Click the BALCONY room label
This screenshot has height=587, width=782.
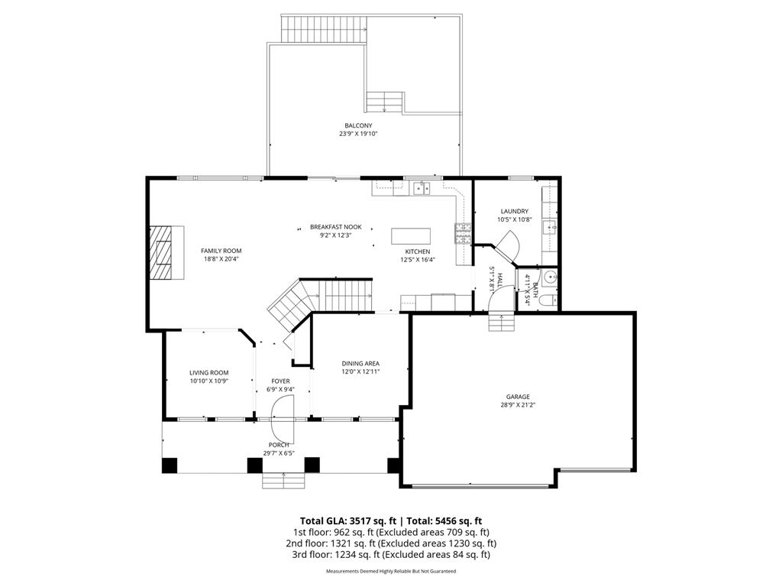point(358,125)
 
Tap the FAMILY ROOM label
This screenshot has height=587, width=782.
point(221,251)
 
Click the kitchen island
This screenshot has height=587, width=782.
point(411,235)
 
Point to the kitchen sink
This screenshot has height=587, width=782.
point(422,187)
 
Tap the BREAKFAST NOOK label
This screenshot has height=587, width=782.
point(335,227)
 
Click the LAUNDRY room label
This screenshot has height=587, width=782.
point(514,212)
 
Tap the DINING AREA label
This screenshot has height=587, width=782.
point(360,364)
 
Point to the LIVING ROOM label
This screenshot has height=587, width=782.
point(208,373)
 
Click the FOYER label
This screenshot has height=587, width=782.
point(280,381)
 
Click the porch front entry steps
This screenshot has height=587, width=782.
point(283,480)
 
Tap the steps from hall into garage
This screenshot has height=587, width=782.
point(502,323)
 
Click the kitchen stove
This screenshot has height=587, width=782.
point(462,231)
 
